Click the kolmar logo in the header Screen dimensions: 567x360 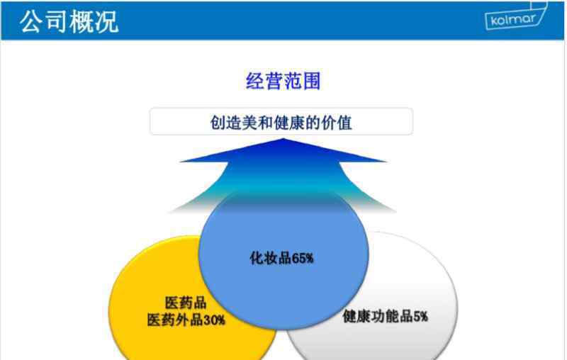pos(516,16)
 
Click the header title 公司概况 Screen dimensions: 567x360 pos(69,21)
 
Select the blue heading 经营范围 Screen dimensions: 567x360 pos(283,81)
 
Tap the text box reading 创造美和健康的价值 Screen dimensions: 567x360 pos(281,121)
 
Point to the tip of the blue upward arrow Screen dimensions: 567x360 pos(283,139)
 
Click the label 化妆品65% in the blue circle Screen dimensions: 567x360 pos(281,258)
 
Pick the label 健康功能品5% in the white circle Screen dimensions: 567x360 pos(385,316)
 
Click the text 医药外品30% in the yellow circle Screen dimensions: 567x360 pos(186,320)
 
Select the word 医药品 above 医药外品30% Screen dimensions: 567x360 pos(186,303)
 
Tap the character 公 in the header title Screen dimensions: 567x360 pos(32,21)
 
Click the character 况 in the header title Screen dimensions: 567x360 pos(107,21)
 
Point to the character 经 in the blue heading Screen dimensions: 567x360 pos(255,81)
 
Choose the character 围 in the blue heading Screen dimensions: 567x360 pos(312,81)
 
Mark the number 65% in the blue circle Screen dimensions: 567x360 pos(303,258)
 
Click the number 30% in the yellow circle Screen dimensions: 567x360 pos(215,320)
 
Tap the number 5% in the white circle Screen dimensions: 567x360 pos(420,316)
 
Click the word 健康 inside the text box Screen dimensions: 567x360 pos(290,123)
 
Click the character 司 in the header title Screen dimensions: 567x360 pos(57,21)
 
